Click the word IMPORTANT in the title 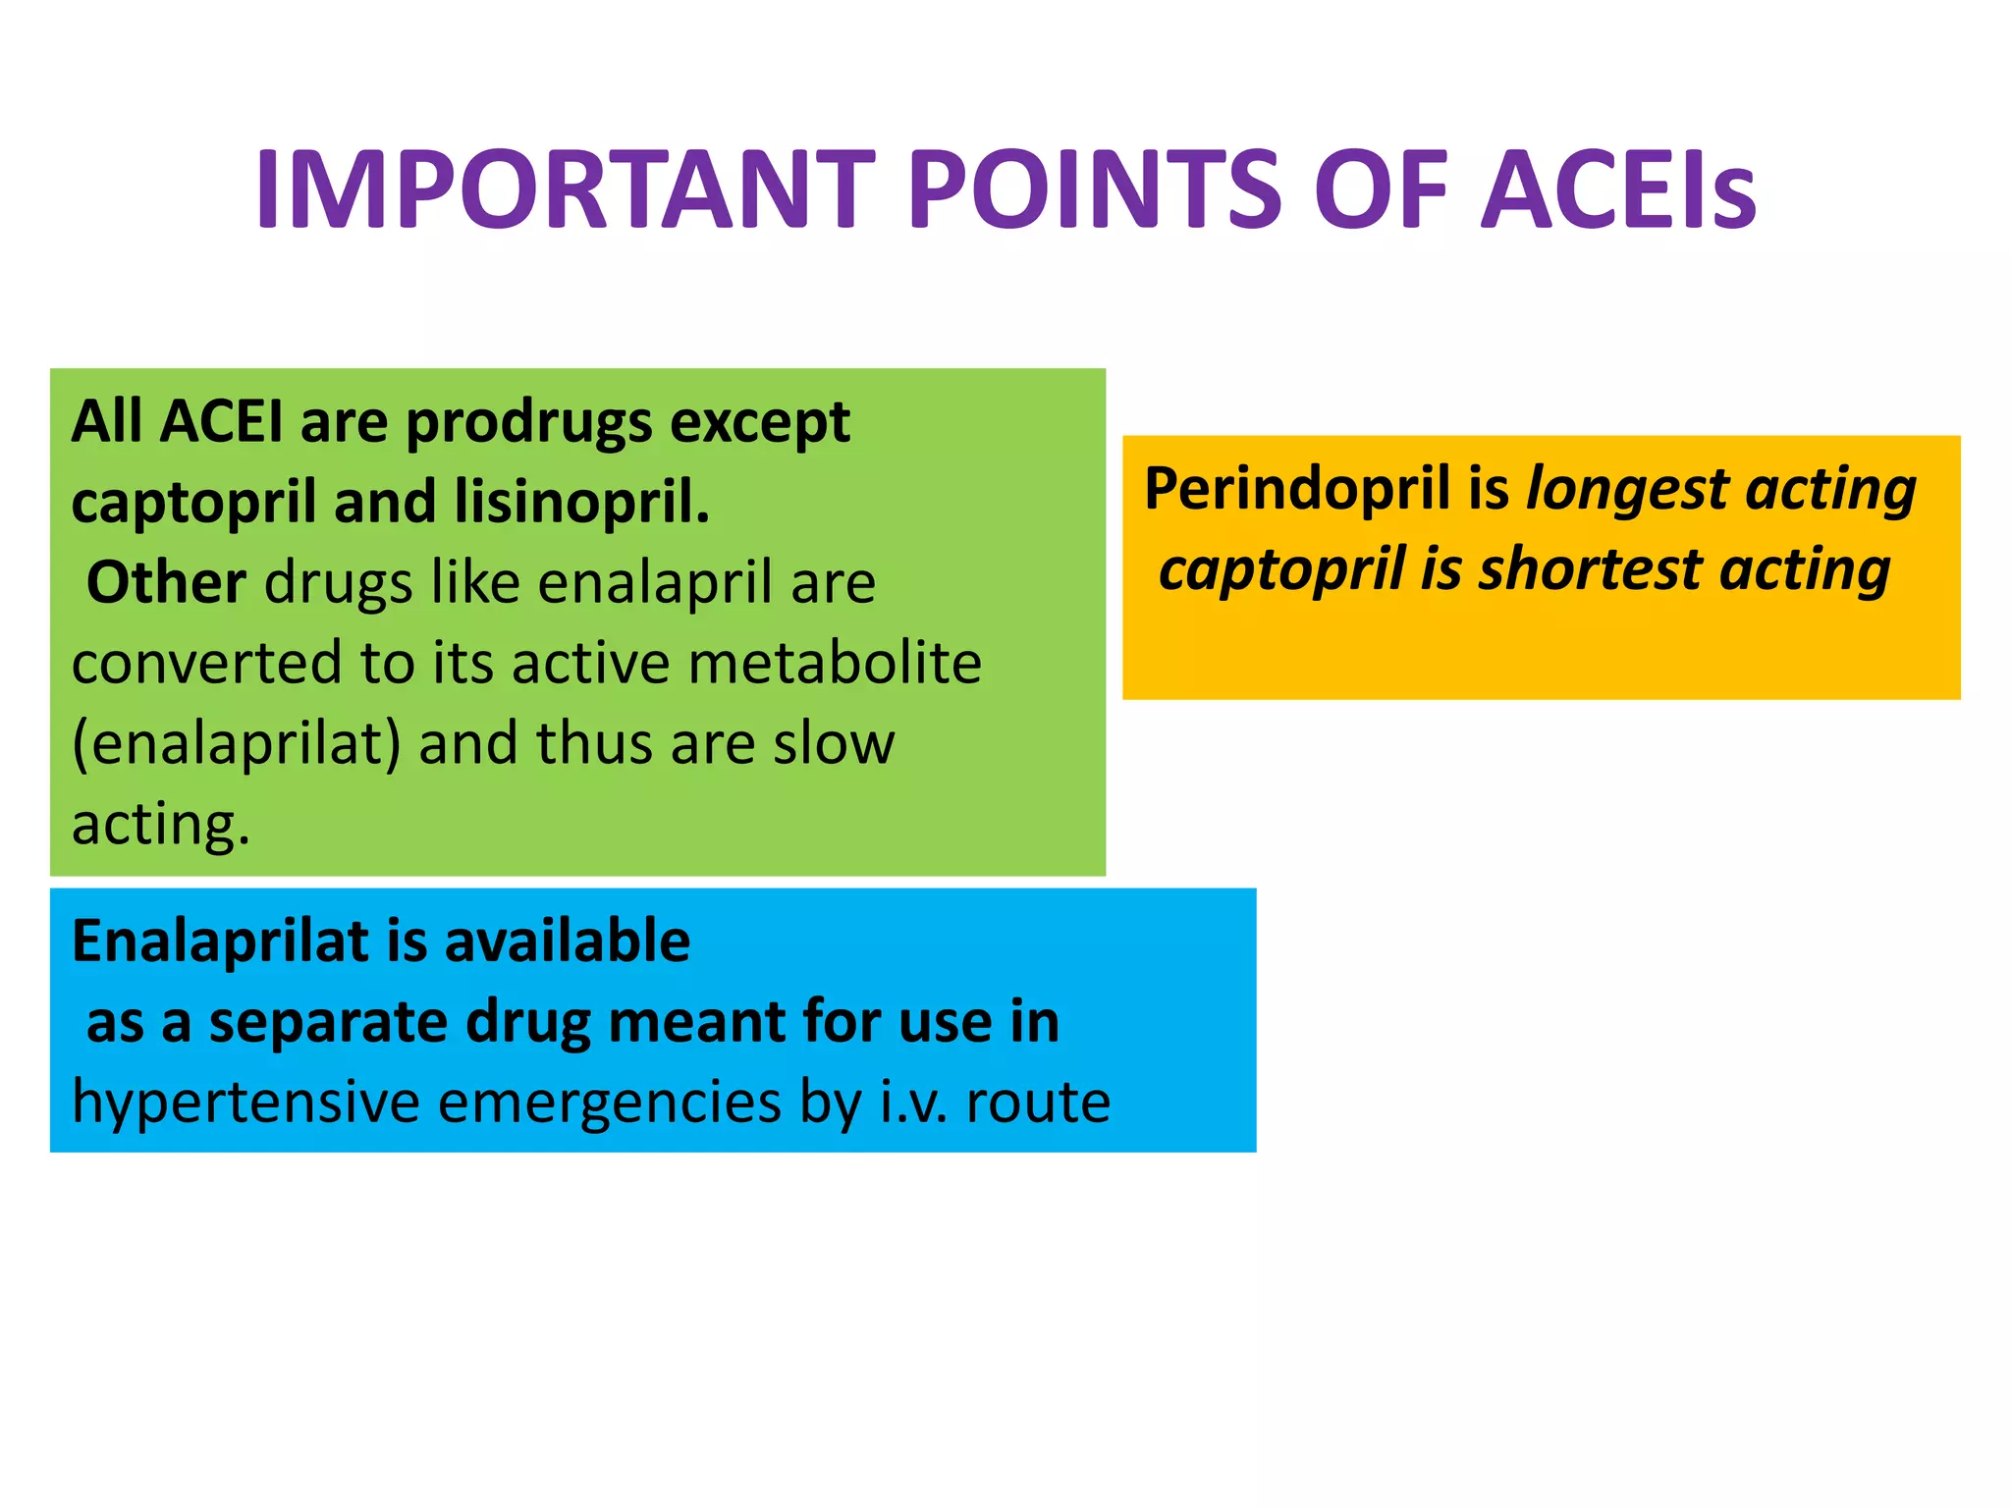pyautogui.click(x=565, y=189)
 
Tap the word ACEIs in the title pyautogui.click(x=1618, y=189)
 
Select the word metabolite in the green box pyautogui.click(x=835, y=664)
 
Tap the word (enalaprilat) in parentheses pyautogui.click(x=237, y=744)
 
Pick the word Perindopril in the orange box pyautogui.click(x=1297, y=489)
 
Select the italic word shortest pyautogui.click(x=1591, y=570)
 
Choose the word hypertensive pyautogui.click(x=245, y=1104)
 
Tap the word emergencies pyautogui.click(x=609, y=1104)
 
